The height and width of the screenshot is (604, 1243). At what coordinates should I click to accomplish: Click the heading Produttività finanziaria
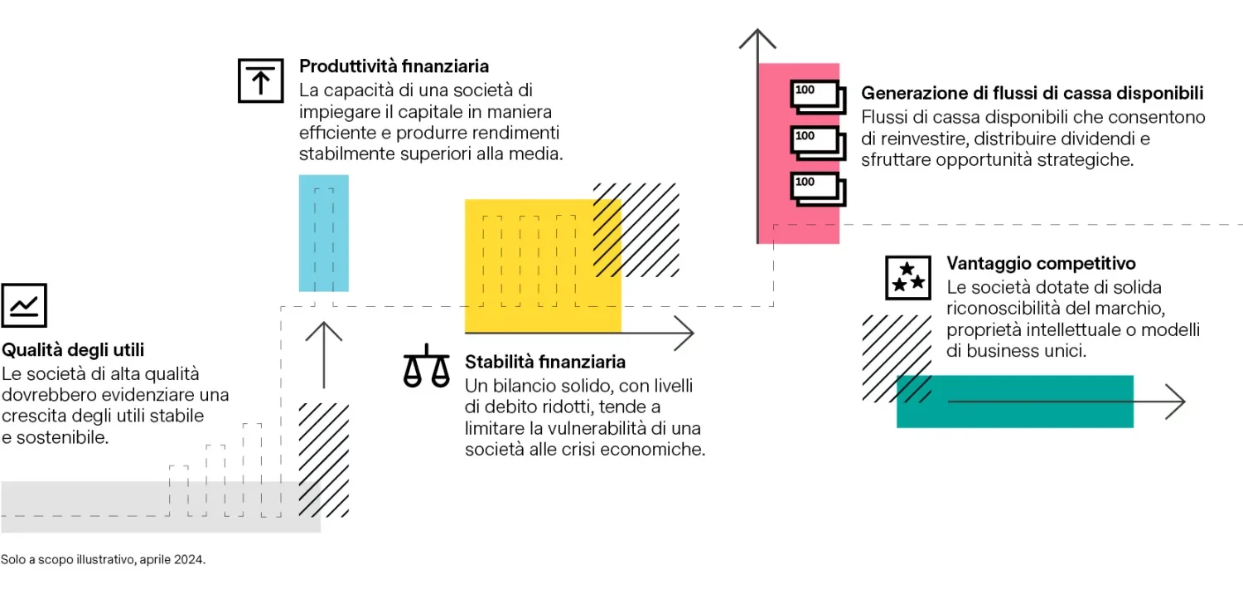click(x=394, y=66)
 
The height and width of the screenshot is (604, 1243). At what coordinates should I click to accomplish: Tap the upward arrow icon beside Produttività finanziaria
click(x=261, y=80)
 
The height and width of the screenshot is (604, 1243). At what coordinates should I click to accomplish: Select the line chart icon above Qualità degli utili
click(x=24, y=305)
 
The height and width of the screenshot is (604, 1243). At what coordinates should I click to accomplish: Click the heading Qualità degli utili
click(x=73, y=350)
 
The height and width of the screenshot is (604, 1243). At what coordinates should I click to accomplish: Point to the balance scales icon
click(x=426, y=366)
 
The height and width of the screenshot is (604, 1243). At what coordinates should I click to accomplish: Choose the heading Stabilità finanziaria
click(x=545, y=362)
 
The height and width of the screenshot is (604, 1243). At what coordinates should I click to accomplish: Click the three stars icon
click(x=908, y=278)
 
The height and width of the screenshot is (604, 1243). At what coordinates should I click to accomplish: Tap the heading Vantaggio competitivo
click(x=1041, y=263)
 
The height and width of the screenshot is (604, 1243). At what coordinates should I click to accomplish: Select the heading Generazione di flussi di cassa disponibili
click(x=1033, y=93)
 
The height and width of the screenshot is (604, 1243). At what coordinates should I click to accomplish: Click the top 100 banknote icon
click(x=818, y=97)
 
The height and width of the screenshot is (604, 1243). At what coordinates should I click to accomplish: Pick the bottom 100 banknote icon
click(x=818, y=189)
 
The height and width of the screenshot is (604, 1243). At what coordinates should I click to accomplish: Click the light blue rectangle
click(x=323, y=233)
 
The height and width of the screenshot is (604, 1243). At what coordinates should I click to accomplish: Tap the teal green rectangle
click(x=1015, y=402)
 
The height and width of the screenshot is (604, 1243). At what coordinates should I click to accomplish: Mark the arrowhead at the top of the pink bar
click(x=757, y=38)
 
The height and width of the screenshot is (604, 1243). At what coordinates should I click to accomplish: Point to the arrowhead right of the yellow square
click(x=684, y=333)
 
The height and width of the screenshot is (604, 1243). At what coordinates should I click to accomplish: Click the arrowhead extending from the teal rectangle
click(x=1176, y=402)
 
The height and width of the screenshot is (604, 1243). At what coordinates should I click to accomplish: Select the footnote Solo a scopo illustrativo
click(x=104, y=559)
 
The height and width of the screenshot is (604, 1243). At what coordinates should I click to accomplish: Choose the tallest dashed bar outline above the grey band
click(x=252, y=470)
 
